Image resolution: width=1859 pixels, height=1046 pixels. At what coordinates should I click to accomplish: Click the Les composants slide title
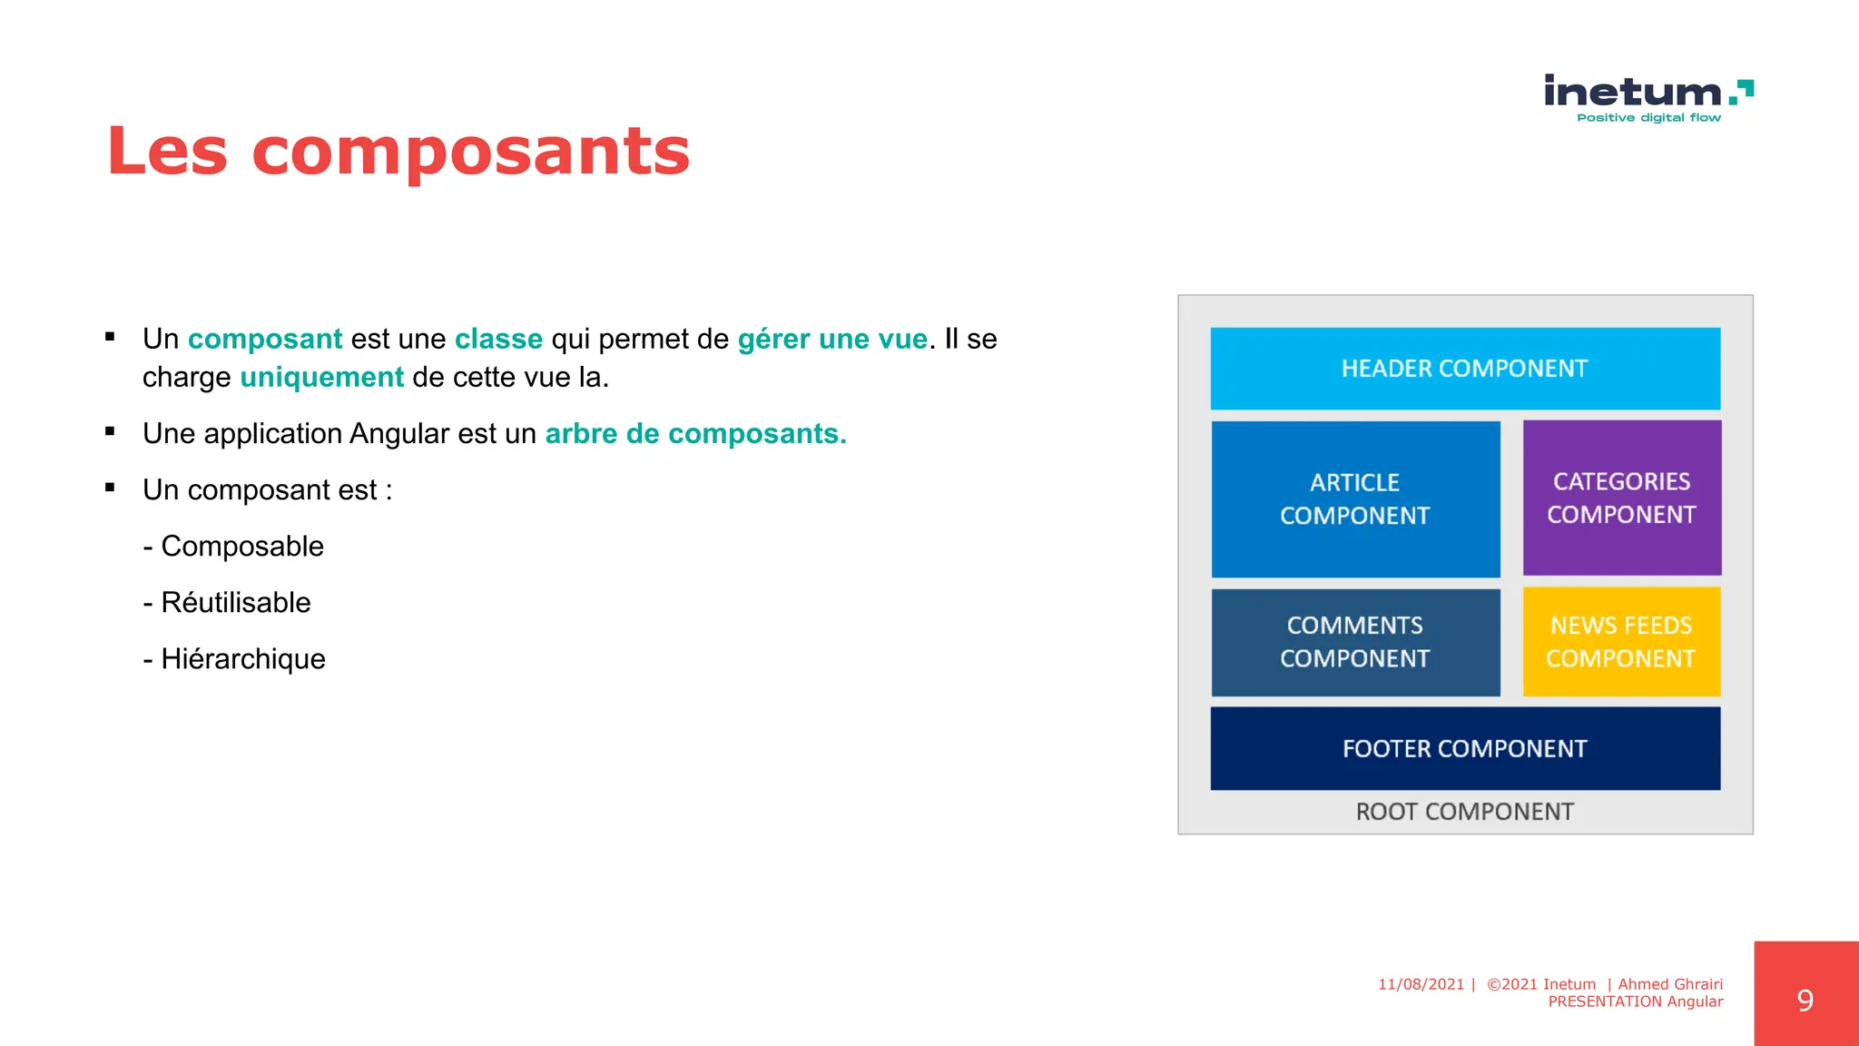pos(398,152)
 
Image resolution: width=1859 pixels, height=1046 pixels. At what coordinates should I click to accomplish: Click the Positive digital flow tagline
pos(1648,118)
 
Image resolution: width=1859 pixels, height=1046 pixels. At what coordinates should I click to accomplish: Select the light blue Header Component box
pos(1465,369)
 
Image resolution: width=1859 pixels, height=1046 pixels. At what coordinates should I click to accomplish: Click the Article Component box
pos(1355,498)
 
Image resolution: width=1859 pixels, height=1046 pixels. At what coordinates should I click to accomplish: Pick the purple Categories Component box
pos(1621,498)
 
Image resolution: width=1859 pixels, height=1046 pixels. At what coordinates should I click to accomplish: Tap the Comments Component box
pos(1355,642)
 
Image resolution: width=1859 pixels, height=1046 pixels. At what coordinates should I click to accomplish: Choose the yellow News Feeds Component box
pos(1621,642)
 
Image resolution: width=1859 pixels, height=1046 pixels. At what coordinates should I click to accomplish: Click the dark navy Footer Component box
pos(1465,748)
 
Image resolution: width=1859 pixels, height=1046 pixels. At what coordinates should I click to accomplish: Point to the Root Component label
pos(1464,812)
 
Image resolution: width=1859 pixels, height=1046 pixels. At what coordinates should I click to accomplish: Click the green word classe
pos(498,339)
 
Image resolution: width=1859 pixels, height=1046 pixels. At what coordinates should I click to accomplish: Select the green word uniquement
pos(321,377)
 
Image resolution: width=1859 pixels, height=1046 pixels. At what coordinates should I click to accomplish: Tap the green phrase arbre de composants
pos(695,434)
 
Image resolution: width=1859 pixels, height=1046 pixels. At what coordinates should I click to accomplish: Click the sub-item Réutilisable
pos(235,603)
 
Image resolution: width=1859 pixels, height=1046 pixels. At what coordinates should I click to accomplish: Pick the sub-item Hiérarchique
pos(242,659)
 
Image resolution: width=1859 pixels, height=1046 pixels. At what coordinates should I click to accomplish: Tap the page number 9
pos(1805,1001)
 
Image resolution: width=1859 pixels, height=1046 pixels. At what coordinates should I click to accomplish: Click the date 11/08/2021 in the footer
pos(1421,984)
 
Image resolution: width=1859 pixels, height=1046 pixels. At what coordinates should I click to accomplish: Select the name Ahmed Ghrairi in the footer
pos(1670,984)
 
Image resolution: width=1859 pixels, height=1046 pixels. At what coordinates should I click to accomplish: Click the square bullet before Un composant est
pos(110,488)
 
